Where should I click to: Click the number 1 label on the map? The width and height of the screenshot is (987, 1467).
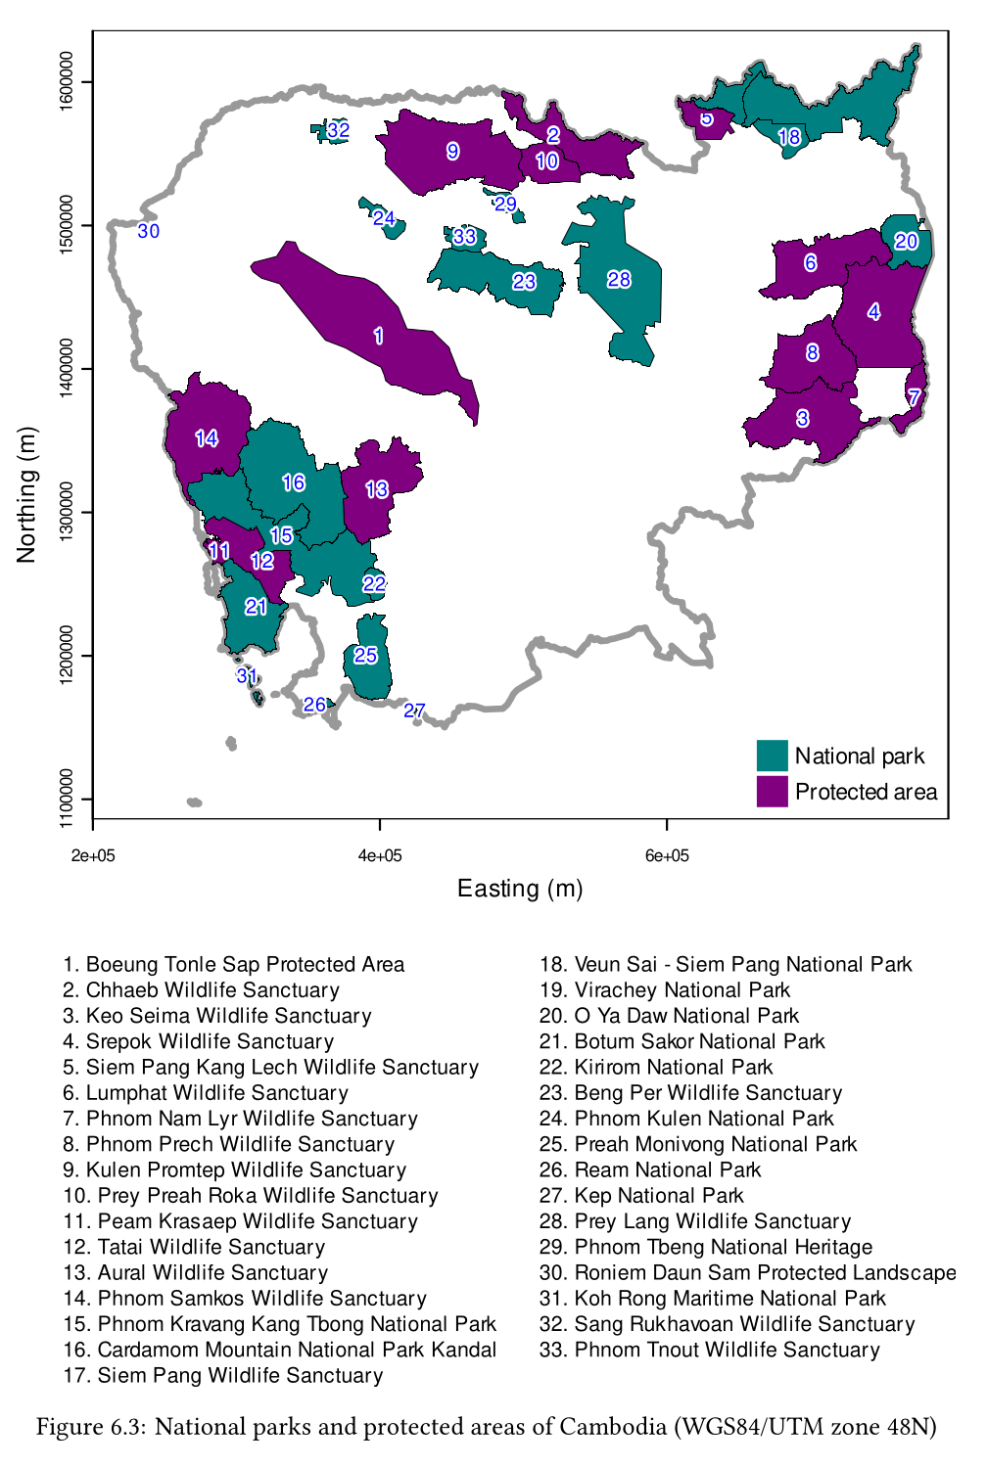point(379,337)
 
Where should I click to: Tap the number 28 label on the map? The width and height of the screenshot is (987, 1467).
point(619,280)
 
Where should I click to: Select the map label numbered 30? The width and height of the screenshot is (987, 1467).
point(148,232)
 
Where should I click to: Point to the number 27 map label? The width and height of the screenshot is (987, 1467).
point(414,711)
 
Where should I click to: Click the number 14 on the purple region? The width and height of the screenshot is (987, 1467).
point(207,438)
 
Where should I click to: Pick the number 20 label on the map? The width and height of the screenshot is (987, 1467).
point(906,242)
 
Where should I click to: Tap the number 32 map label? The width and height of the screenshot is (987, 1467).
point(338,130)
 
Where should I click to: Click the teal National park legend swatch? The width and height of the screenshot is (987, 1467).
point(772,756)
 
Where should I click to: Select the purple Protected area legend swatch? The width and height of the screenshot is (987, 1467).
point(772,791)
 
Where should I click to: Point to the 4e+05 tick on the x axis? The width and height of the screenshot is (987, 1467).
point(380,856)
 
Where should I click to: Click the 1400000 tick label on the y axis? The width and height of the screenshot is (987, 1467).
point(67,369)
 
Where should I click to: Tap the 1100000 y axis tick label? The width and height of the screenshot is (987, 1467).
point(67,799)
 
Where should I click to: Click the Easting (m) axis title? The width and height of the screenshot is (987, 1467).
point(520,889)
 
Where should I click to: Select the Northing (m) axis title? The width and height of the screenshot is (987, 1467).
point(26,494)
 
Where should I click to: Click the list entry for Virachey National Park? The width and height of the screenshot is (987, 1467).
point(665,990)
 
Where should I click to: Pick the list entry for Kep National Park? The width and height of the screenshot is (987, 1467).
point(641,1196)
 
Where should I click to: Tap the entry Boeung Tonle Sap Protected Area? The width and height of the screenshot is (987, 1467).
point(234,965)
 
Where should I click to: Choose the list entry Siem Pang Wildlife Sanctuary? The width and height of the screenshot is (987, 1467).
point(223,1376)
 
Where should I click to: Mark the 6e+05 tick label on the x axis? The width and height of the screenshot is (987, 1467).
point(667,856)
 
